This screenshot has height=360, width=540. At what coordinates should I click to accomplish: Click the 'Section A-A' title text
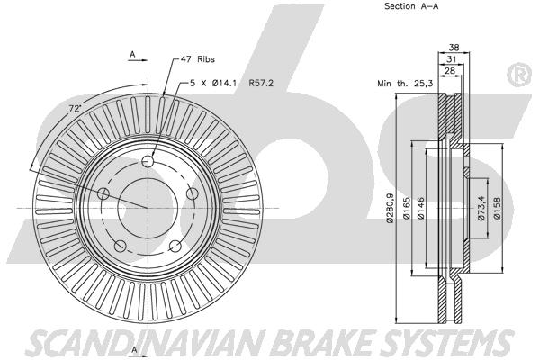pyautogui.click(x=411, y=6)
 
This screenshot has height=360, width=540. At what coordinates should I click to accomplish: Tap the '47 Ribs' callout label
pyautogui.click(x=198, y=59)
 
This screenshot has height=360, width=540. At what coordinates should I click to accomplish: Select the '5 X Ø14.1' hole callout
pyautogui.click(x=213, y=83)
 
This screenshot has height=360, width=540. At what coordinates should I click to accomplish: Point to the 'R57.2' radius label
pyautogui.click(x=261, y=83)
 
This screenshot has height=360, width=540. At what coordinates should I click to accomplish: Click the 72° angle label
pyautogui.click(x=75, y=109)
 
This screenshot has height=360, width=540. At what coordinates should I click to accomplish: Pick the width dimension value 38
pyautogui.click(x=454, y=48)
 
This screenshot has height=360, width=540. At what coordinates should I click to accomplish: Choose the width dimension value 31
pyautogui.click(x=452, y=59)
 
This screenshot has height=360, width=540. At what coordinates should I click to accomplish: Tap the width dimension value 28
pyautogui.click(x=450, y=70)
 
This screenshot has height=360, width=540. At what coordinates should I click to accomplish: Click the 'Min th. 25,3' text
pyautogui.click(x=405, y=84)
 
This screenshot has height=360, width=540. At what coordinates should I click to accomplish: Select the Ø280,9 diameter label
pyautogui.click(x=391, y=208)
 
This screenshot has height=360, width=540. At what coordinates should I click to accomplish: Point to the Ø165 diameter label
pyautogui.click(x=407, y=208)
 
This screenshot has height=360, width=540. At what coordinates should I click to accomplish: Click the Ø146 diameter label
pyautogui.click(x=420, y=208)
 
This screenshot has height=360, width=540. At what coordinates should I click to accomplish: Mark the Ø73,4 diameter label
pyautogui.click(x=481, y=208)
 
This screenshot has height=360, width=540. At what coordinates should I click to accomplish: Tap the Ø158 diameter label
pyautogui.click(x=497, y=208)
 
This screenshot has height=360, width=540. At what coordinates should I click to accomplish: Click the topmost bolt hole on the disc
pyautogui.click(x=148, y=161)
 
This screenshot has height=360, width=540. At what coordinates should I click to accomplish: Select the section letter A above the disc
pyautogui.click(x=132, y=54)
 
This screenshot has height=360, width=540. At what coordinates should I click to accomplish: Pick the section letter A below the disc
pyautogui.click(x=135, y=349)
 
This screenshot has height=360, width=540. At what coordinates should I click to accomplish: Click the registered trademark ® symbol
pyautogui.click(x=520, y=75)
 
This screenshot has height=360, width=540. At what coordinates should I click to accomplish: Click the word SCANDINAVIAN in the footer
pyautogui.click(x=146, y=343)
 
